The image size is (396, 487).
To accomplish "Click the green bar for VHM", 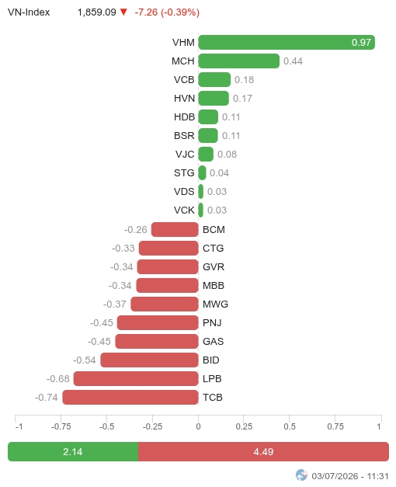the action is click(287, 42).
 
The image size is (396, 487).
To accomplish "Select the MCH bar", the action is click(239, 61).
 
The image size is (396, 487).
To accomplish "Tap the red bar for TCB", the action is click(130, 398).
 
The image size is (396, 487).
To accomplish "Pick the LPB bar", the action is click(136, 379).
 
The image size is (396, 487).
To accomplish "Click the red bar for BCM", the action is click(175, 230).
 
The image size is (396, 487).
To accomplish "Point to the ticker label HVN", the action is click(184, 99).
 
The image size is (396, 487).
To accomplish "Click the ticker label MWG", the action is click(215, 304).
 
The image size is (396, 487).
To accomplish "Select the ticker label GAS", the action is click(213, 341).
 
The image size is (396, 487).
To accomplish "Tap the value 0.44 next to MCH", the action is click(293, 61).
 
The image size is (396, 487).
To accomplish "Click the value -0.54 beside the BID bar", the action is click(85, 360).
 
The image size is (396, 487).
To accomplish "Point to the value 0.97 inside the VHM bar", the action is click(361, 43).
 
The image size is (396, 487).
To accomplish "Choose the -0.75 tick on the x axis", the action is click(61, 426).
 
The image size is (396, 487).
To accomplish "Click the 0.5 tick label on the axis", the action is click(290, 426).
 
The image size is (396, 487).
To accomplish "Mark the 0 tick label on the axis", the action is click(199, 426).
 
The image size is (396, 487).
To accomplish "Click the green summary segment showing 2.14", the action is click(73, 451).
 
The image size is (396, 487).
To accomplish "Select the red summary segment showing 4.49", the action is click(263, 451).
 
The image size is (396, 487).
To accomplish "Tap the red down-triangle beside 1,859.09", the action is click(123, 12).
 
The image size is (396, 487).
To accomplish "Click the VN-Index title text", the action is click(29, 12).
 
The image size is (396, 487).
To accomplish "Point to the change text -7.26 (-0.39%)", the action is click(167, 12).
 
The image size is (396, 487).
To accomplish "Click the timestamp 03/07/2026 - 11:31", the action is click(350, 476).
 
